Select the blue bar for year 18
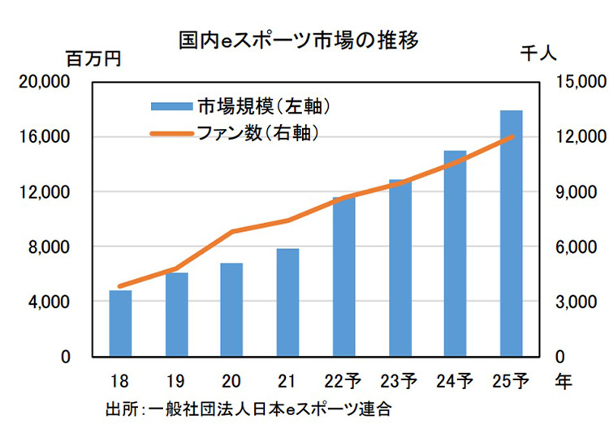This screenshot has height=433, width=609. point(120,323)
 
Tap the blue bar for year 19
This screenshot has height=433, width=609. point(176,315)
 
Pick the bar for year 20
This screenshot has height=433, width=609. point(231,309)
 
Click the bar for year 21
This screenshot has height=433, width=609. point(287,302)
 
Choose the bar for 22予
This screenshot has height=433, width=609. point(343,276)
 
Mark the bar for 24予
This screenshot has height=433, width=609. point(455,253)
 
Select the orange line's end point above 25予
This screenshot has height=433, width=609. point(511,137)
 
